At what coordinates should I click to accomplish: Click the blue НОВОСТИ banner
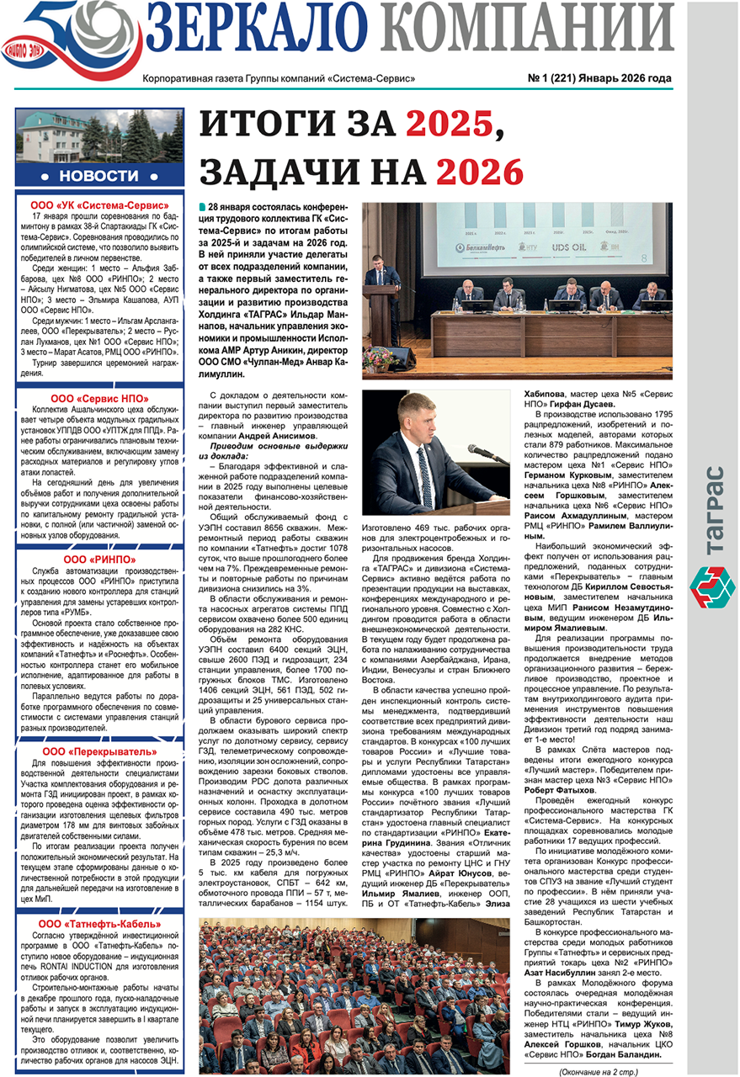point(98,175)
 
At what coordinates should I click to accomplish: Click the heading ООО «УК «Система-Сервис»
point(99,204)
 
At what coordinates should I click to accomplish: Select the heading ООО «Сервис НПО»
point(99,398)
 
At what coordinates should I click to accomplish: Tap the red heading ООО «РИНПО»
point(99,558)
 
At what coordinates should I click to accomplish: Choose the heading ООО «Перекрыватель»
point(99,751)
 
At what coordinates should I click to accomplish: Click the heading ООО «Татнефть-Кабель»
point(99,924)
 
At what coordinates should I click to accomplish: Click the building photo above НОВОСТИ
point(98,137)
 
